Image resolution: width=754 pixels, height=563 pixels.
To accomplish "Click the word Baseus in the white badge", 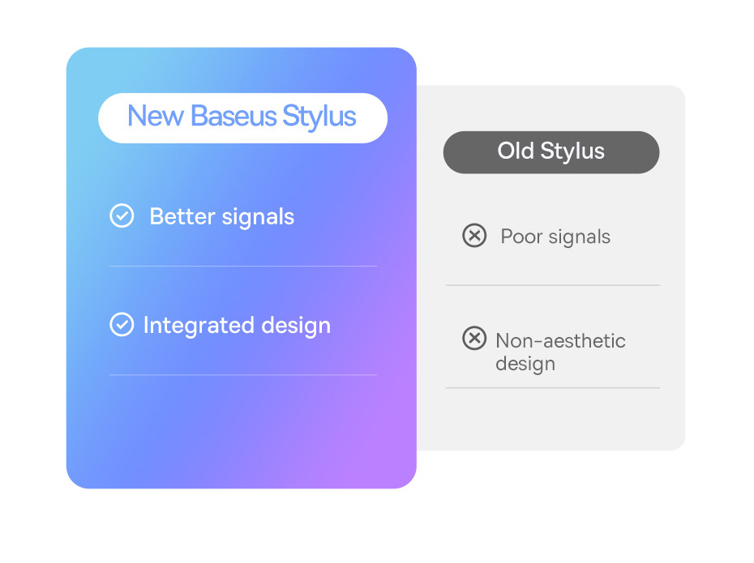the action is coord(233,116).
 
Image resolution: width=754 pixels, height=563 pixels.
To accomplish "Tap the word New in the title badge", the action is coord(156,116).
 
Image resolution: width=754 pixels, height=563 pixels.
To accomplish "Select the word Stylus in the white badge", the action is coord(319,117).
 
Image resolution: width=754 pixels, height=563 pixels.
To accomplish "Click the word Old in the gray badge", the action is coord(516,151).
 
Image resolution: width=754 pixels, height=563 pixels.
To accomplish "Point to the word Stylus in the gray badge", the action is coord(572,151).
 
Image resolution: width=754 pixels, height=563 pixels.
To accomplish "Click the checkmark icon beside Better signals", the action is coord(122,215).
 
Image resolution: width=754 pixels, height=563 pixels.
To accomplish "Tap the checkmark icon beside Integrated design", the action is coord(122,325).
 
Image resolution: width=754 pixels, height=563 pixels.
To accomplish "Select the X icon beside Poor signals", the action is coord(474,236).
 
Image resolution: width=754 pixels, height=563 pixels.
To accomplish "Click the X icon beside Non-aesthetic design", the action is coord(474,338).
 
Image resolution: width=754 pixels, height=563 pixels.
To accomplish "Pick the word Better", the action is coord(182,216).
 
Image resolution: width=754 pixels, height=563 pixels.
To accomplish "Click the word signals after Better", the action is coord(258,218).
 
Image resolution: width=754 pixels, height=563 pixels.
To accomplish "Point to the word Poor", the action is coord(521,237).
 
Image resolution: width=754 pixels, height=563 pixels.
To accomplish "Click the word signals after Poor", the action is coord(580,237).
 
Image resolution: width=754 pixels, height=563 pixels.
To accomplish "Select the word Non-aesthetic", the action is coord(561,340).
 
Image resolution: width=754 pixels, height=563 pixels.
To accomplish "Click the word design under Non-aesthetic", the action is coord(525,364).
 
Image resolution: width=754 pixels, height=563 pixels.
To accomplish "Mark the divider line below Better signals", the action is coord(243,266).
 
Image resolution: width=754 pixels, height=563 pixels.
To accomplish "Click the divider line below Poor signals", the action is coord(552,285).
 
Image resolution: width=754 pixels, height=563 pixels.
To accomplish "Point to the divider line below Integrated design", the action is coord(243,375).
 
